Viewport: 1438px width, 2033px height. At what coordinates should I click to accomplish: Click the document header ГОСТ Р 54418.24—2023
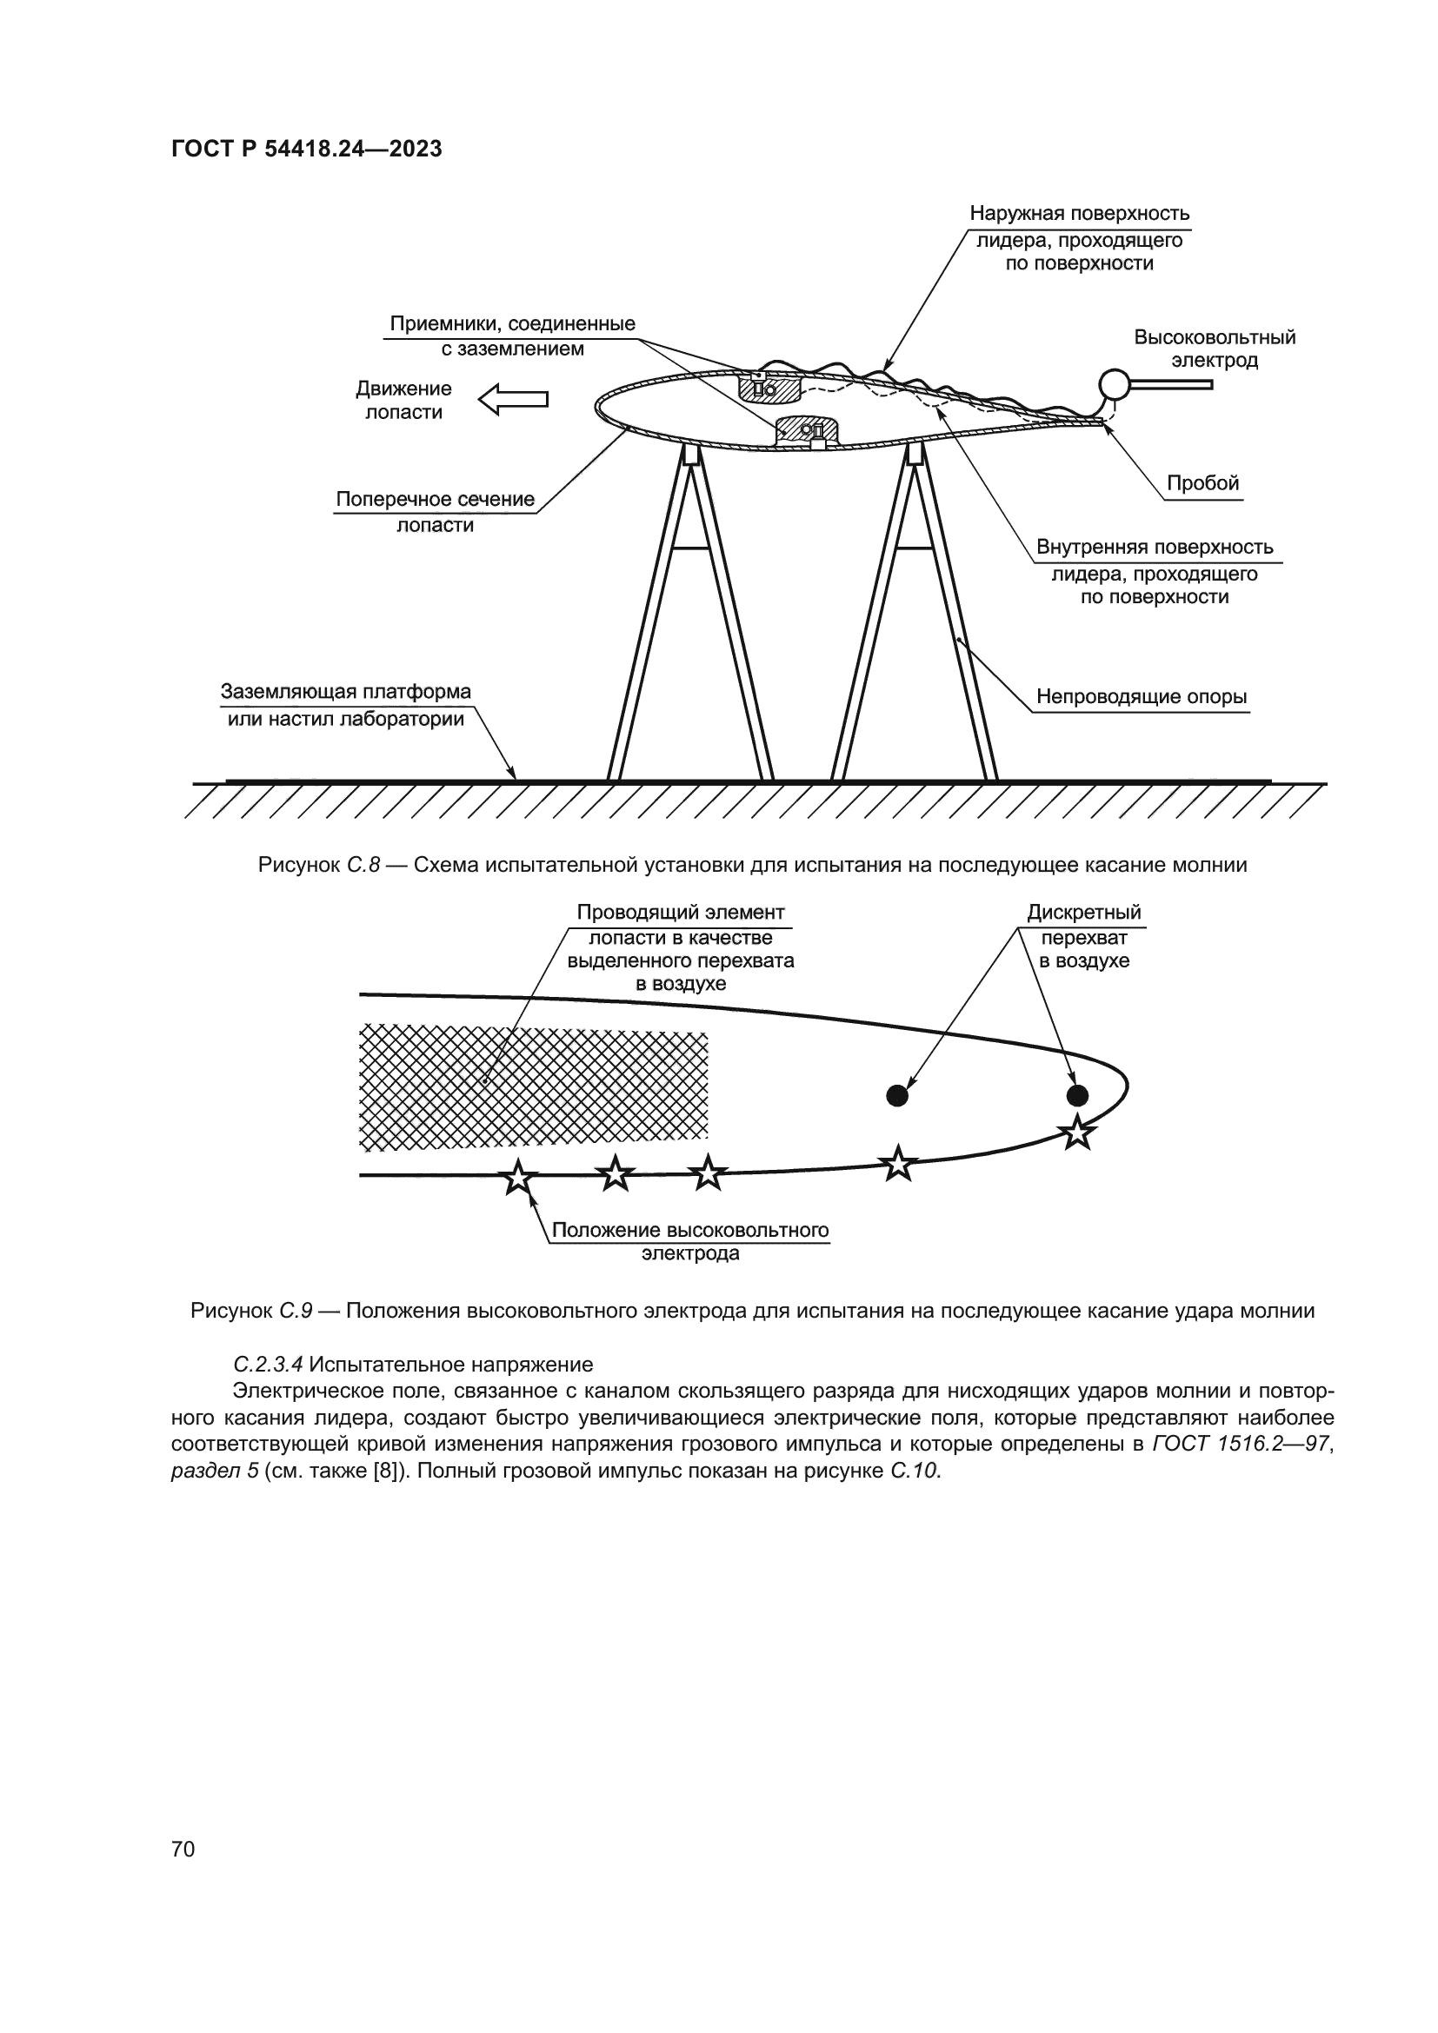(x=306, y=149)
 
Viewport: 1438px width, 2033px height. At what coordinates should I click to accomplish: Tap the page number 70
(x=183, y=1849)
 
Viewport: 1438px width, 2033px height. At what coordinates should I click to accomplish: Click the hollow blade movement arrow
(x=514, y=399)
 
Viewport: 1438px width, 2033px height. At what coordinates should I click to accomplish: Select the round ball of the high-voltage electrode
(x=1113, y=383)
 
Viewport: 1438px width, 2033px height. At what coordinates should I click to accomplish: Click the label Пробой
(x=1202, y=483)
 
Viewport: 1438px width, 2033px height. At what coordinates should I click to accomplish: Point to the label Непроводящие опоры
(x=1142, y=697)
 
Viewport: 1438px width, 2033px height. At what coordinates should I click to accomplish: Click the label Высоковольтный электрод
(x=1214, y=348)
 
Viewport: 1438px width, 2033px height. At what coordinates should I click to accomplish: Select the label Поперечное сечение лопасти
(x=435, y=512)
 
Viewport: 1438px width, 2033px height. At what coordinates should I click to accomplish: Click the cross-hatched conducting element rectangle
(x=533, y=1086)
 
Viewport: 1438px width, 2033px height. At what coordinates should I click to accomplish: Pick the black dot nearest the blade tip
(x=1076, y=1095)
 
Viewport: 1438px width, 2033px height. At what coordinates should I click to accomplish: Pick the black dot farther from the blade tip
(x=897, y=1095)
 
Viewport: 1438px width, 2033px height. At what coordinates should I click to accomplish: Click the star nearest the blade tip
(x=1076, y=1133)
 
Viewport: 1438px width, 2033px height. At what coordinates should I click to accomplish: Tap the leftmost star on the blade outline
(x=518, y=1178)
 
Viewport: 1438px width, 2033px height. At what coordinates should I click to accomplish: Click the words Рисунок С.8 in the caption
(x=319, y=865)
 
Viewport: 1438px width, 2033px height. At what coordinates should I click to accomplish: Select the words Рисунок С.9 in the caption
(x=251, y=1311)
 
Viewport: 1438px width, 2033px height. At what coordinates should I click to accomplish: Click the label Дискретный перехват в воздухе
(x=1084, y=936)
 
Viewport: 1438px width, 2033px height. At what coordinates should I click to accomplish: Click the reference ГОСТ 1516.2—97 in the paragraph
(x=1241, y=1444)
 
